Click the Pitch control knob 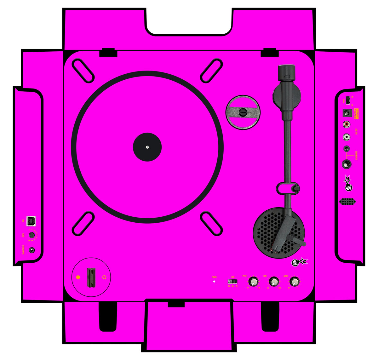click(x=253, y=281)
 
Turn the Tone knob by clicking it click(x=273, y=281)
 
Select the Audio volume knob click(x=294, y=281)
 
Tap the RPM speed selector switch click(x=232, y=281)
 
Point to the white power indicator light click(x=214, y=281)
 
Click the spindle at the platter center click(x=147, y=147)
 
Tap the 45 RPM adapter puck click(x=243, y=112)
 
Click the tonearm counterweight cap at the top click(x=286, y=72)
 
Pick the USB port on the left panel click(x=31, y=221)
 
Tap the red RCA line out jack click(x=347, y=124)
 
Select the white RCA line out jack click(x=347, y=137)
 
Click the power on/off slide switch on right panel click(x=348, y=100)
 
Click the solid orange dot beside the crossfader click(x=78, y=277)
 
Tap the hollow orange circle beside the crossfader click(x=104, y=277)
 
